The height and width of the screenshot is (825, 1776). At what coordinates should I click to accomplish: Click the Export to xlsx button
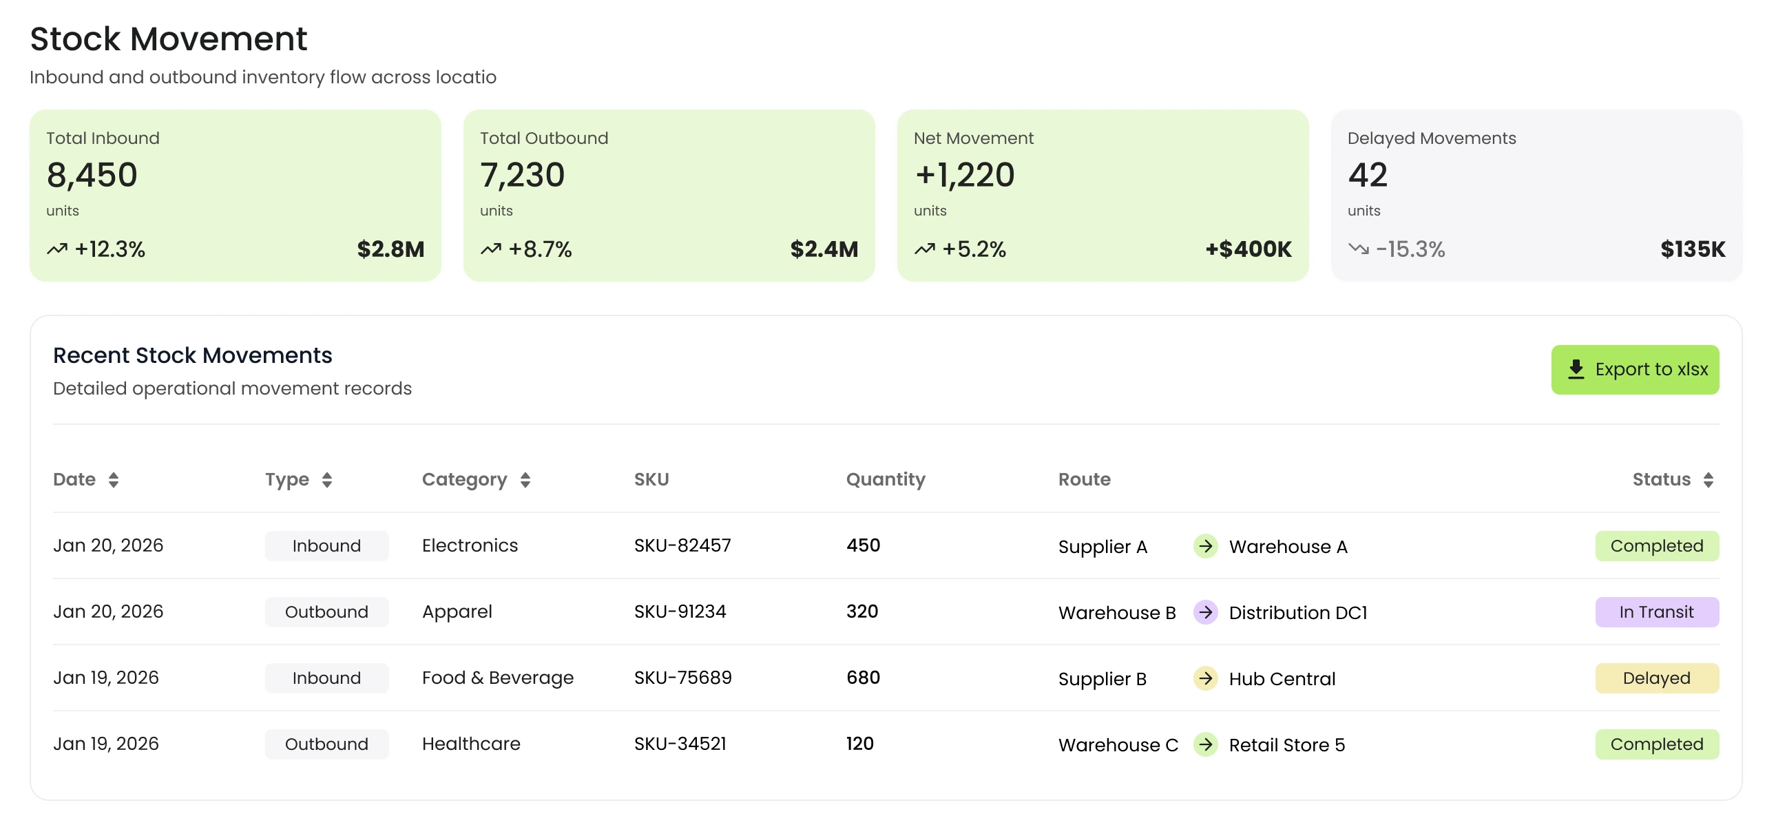coord(1634,369)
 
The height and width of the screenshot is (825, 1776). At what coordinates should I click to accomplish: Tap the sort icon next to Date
coord(114,480)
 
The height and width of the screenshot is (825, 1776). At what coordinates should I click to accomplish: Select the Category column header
coord(464,480)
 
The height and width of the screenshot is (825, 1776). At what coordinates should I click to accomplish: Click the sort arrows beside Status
coord(1708,480)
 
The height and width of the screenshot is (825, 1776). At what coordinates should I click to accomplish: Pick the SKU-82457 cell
coord(682,546)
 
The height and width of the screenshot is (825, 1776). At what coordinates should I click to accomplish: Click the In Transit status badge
coord(1656,612)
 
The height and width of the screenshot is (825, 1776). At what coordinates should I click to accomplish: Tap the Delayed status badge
coord(1656,678)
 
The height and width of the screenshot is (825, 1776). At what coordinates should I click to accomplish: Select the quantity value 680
coord(862,678)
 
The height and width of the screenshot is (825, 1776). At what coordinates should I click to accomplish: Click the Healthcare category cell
coord(471,744)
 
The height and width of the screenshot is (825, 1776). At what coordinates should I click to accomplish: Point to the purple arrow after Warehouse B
coord(1205,612)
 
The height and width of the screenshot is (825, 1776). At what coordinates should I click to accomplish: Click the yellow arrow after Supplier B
coord(1205,678)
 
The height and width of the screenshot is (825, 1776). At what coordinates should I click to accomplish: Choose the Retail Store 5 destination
coord(1286,745)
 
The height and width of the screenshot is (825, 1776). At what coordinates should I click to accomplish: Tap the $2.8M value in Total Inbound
coord(390,249)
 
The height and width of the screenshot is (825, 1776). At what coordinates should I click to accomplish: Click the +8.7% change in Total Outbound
coord(540,249)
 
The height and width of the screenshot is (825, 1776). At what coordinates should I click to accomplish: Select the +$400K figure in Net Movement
coord(1248,249)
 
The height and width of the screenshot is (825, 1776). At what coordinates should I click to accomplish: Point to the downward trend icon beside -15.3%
coord(1358,249)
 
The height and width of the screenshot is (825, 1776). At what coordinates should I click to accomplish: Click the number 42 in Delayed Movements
coord(1367,175)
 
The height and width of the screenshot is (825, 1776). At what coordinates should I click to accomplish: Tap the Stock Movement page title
coord(168,39)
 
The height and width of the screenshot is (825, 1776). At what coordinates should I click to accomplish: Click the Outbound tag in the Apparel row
coord(326,612)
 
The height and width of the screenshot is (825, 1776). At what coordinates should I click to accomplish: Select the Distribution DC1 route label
coord(1297,613)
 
